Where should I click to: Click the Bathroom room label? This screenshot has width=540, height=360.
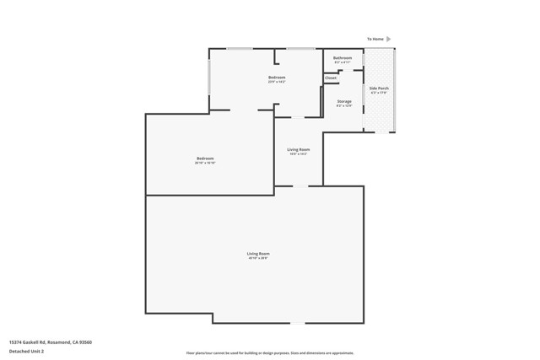tap(343, 57)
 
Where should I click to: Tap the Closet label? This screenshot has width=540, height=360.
tap(331, 78)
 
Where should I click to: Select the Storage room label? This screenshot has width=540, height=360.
tap(344, 101)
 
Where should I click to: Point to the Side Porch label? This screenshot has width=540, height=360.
tap(379, 88)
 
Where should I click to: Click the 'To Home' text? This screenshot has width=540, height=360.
tap(375, 39)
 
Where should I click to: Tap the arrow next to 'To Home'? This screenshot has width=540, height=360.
tap(389, 39)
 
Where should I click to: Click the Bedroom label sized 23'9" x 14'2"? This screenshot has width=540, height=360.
tap(277, 78)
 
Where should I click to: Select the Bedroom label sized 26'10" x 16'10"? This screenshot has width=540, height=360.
tap(205, 158)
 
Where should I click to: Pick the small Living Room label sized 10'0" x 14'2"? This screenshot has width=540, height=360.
tap(298, 149)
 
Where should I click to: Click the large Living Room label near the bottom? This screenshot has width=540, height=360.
tap(258, 253)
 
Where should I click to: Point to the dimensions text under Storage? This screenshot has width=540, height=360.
tap(344, 106)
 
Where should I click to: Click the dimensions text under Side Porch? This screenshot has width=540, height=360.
tap(379, 93)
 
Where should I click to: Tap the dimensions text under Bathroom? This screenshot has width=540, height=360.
tap(343, 62)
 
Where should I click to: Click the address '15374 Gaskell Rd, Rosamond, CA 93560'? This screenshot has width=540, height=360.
tap(50, 341)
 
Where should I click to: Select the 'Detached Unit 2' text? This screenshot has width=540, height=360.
tap(26, 351)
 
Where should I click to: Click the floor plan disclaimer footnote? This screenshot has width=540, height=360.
tap(270, 353)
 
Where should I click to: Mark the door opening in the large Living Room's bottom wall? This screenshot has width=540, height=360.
tap(298, 323)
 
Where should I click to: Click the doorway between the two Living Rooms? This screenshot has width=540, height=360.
tap(300, 185)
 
